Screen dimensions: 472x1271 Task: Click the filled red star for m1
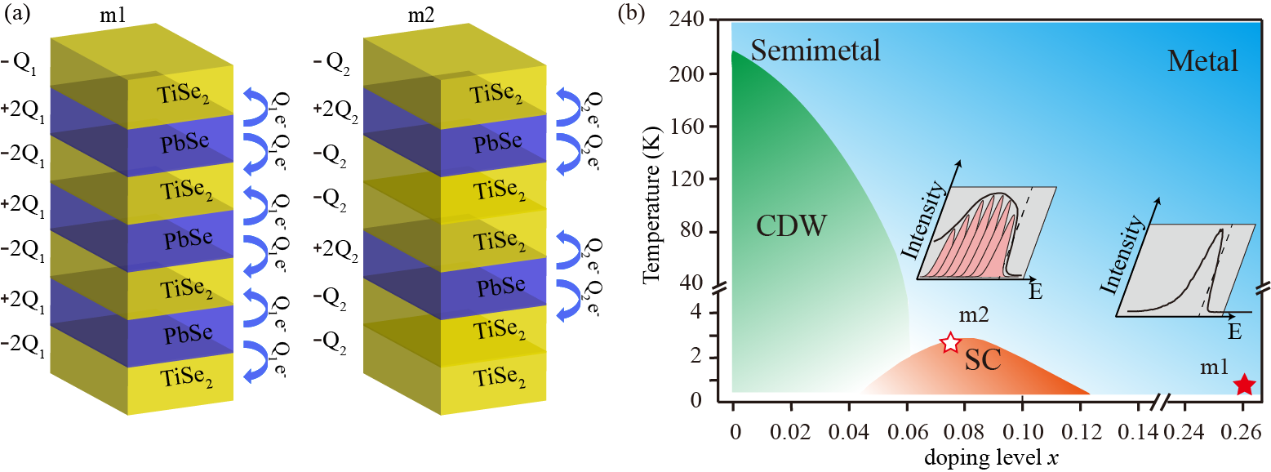[1243, 384]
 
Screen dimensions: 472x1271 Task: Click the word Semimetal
[815, 51]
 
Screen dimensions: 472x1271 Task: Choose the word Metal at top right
[1202, 60]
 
